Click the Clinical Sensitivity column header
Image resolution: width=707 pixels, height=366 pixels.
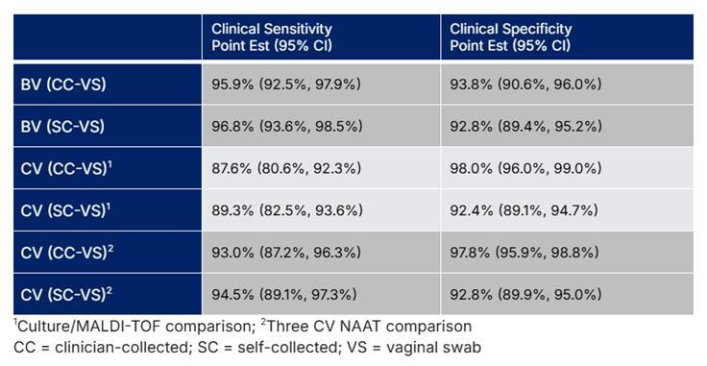(x=272, y=37)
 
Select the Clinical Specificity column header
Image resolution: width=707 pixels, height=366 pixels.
(x=510, y=37)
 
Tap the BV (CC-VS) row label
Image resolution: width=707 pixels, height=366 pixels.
(x=63, y=85)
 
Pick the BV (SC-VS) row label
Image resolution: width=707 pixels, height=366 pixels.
(x=63, y=126)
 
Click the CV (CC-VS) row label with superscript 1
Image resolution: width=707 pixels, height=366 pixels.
(x=66, y=168)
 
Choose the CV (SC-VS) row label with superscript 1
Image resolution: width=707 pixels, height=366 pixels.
(x=66, y=209)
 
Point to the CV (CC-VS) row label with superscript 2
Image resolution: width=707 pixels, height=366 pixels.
(x=66, y=252)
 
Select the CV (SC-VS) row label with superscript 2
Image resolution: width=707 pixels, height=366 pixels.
(x=66, y=294)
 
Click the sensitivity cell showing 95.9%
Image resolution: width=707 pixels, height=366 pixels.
(x=286, y=85)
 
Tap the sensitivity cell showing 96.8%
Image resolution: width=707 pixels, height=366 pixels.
(x=286, y=126)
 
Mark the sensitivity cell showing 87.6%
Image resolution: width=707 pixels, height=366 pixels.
(x=286, y=168)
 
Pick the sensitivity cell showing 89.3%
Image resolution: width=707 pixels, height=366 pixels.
(x=286, y=209)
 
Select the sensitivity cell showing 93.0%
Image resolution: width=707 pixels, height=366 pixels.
(x=286, y=252)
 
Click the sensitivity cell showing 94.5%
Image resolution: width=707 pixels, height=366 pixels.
(x=286, y=294)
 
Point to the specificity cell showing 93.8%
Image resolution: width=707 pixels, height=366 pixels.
(x=525, y=85)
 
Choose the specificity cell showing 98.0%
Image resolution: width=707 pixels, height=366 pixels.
(x=525, y=168)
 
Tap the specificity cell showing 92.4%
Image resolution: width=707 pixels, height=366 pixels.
(x=525, y=209)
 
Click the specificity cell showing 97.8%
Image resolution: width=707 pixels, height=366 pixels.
(x=525, y=252)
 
